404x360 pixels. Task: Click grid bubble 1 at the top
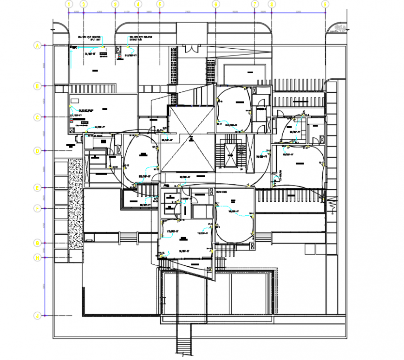click(x=69, y=4)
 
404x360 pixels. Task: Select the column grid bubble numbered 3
click(x=115, y=4)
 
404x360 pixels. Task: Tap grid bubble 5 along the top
click(x=160, y=4)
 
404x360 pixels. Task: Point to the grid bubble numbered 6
click(x=216, y=4)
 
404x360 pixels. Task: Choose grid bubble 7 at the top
click(x=254, y=4)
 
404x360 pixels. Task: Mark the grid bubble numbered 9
click(x=325, y=4)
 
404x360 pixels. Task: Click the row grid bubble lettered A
click(x=37, y=45)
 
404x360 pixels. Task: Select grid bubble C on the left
click(x=37, y=118)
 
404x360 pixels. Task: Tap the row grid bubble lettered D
click(x=37, y=151)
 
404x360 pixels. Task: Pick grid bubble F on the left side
click(x=37, y=208)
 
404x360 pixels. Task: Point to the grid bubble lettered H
click(x=37, y=257)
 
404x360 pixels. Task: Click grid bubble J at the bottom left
click(x=37, y=316)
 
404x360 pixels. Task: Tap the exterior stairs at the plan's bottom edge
click(x=184, y=341)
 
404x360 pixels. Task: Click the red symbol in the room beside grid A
click(x=119, y=57)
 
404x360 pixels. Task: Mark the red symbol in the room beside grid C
click(x=72, y=120)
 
